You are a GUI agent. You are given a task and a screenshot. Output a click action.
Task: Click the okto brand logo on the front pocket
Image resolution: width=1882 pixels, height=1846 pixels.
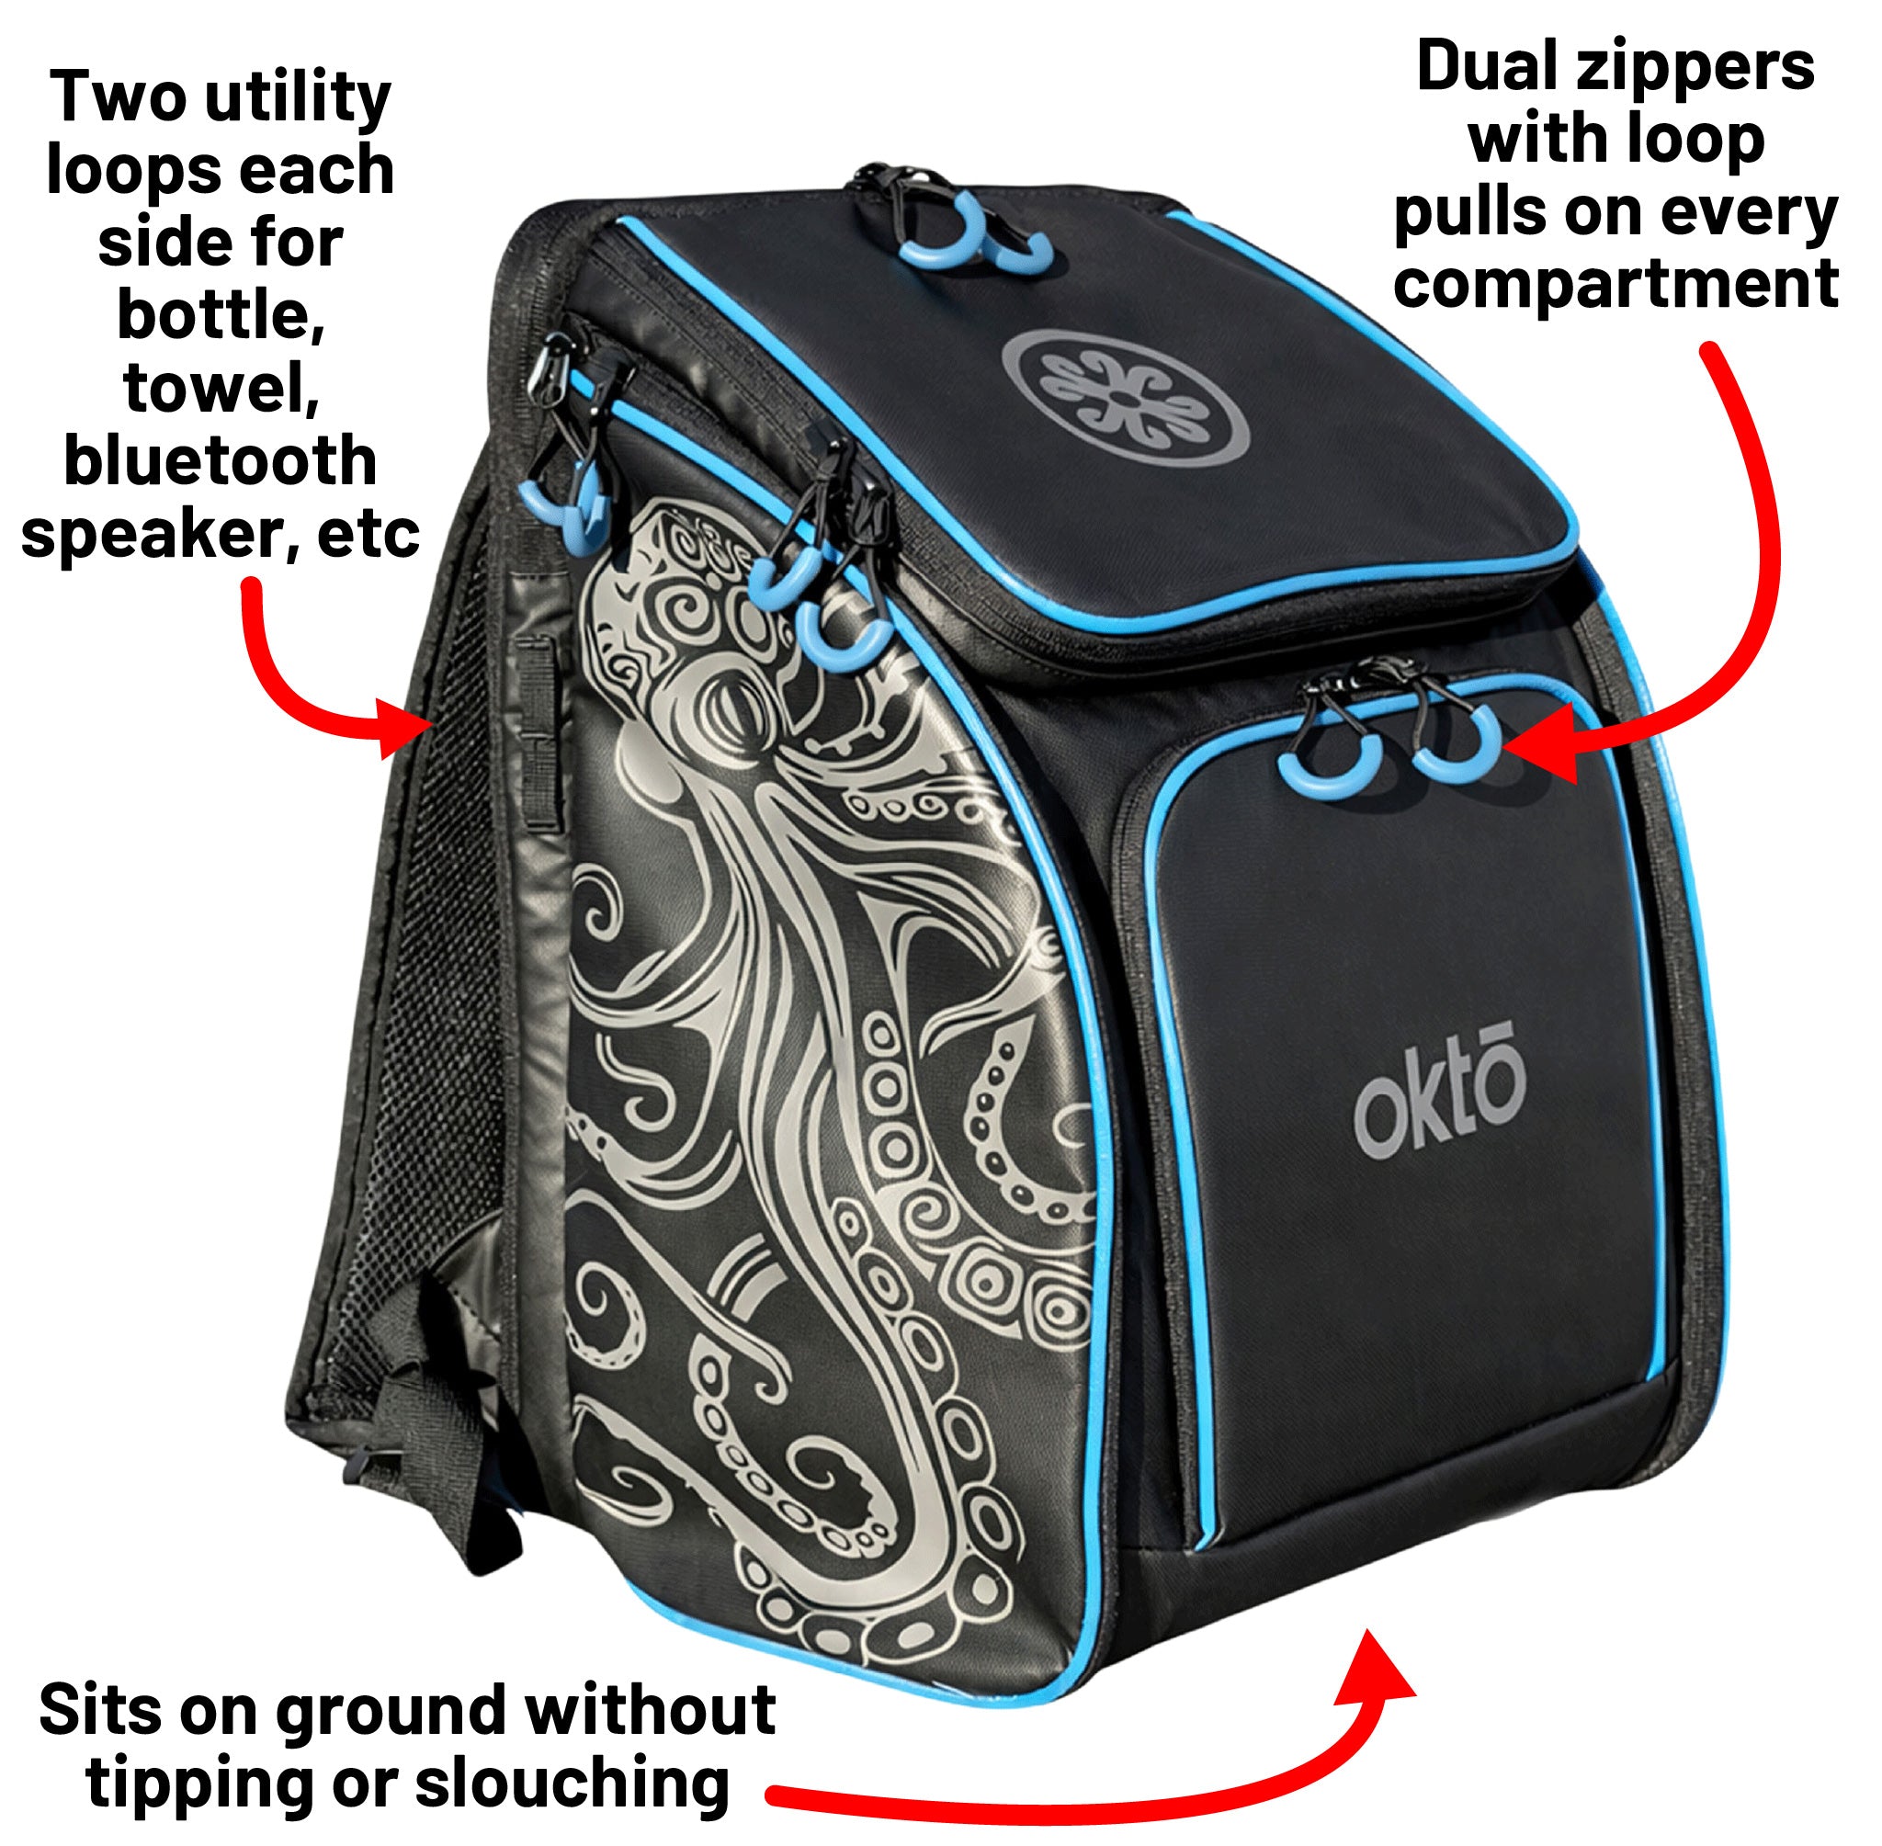pyautogui.click(x=1439, y=1102)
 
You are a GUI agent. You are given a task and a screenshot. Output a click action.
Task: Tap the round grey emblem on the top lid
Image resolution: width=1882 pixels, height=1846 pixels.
pyautogui.click(x=1124, y=397)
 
